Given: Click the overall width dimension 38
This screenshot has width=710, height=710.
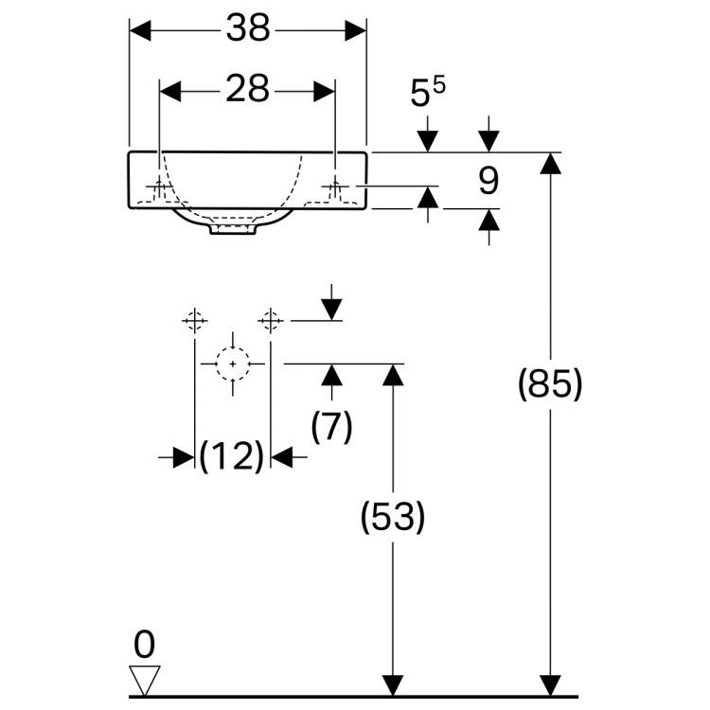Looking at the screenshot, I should (248, 30).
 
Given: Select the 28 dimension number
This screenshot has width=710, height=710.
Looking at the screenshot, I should (248, 90).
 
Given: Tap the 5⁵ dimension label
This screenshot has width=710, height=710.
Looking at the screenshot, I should (427, 94).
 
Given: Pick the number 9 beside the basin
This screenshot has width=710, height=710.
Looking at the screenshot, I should (488, 180).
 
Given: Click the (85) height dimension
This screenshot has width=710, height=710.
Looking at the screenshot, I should (549, 385).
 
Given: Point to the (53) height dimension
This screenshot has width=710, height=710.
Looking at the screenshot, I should (393, 517).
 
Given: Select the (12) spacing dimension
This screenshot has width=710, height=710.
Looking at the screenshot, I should (232, 458).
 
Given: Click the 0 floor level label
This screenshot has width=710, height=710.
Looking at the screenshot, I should (144, 645).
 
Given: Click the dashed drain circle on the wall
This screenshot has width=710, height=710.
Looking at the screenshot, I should (232, 363).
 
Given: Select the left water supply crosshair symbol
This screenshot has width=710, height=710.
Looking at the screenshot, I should (195, 321).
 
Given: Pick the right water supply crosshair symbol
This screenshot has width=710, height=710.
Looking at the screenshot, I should (271, 321).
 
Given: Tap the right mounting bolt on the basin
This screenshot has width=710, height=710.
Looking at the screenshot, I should (334, 188).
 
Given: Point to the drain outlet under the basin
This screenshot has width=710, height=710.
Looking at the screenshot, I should (233, 228).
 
